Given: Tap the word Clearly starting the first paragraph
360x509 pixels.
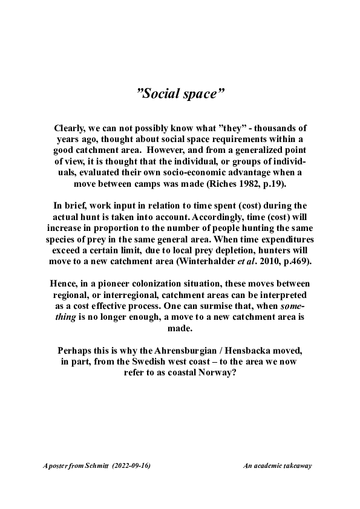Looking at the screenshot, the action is tap(72, 128).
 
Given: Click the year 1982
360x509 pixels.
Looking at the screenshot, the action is tap(250, 183).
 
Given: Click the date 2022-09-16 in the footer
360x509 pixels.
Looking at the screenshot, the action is tap(131, 466).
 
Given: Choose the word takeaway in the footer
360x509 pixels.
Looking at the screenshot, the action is tap(297, 466).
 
